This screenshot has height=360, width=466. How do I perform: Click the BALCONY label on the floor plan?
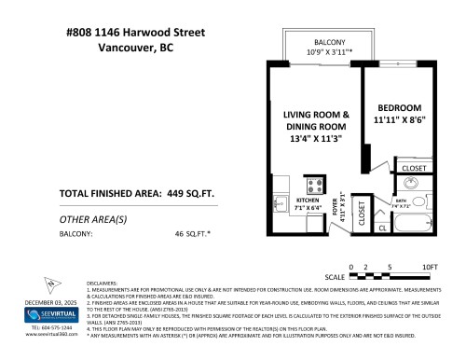click(330, 43)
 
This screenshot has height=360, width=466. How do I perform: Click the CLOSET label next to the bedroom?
click(415, 168)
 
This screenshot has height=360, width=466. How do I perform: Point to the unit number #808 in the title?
click(84, 33)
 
